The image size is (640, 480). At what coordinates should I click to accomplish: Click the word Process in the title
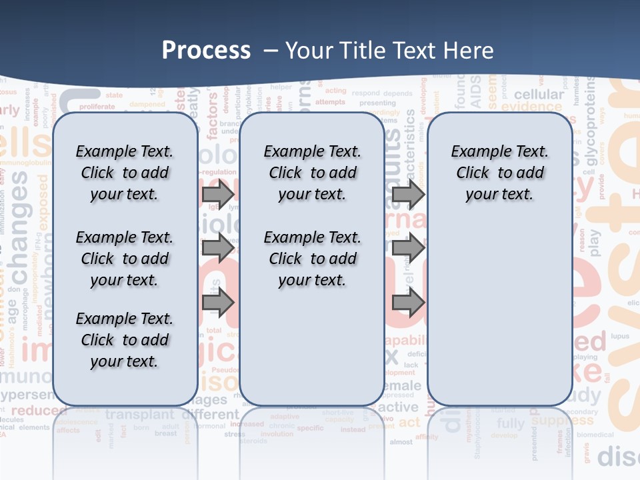pyautogui.click(x=206, y=51)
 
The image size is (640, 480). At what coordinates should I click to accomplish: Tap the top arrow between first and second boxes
pyautogui.click(x=218, y=195)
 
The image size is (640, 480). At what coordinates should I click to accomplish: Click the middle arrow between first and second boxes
pyautogui.click(x=218, y=247)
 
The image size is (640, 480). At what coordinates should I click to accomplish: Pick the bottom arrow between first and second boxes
pyautogui.click(x=218, y=302)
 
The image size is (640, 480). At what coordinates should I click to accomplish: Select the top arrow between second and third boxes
pyautogui.click(x=408, y=195)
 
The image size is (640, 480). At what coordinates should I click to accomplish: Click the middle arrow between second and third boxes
pyautogui.click(x=408, y=247)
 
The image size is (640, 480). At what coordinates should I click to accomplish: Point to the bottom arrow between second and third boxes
pyautogui.click(x=408, y=302)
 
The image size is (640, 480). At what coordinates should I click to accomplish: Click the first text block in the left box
pyautogui.click(x=124, y=173)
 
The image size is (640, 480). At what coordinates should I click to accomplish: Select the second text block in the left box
pyautogui.click(x=124, y=259)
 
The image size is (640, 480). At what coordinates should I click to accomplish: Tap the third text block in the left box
pyautogui.click(x=124, y=340)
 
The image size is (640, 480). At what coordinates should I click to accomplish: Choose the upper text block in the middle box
pyautogui.click(x=312, y=173)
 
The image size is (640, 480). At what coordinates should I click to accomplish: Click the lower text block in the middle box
pyautogui.click(x=312, y=259)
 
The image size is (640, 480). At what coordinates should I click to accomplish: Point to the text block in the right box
pyautogui.click(x=499, y=173)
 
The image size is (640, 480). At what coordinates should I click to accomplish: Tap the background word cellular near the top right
pyautogui.click(x=539, y=95)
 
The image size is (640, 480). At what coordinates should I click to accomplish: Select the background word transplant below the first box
pyautogui.click(x=140, y=414)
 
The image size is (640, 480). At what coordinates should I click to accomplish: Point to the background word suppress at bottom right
pyautogui.click(x=562, y=421)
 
